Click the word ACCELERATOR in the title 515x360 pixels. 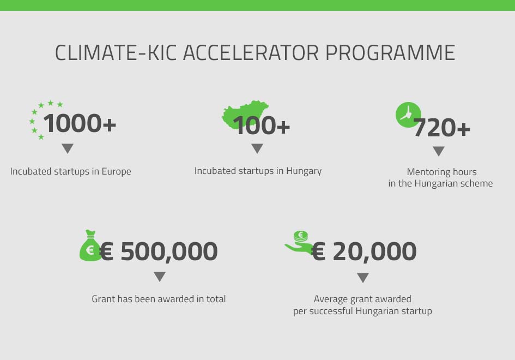(251, 52)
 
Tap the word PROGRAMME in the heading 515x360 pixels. (390, 52)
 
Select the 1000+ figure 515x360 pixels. (80, 123)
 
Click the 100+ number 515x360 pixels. (262, 125)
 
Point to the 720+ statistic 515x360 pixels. (442, 128)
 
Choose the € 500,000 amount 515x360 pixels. (158, 251)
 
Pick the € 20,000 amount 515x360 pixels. (364, 251)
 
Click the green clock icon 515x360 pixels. (408, 115)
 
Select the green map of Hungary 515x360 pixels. (245, 115)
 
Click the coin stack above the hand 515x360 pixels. (300, 236)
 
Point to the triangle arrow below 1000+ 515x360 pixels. (68, 148)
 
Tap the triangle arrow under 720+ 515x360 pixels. (439, 151)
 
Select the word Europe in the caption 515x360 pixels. (116, 172)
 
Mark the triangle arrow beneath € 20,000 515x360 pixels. (362, 278)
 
